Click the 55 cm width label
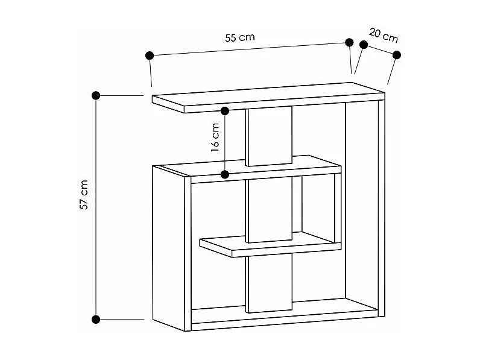[x=240, y=37]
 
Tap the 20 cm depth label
[x=383, y=36]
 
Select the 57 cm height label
[x=84, y=194]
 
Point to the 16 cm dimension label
[x=215, y=138]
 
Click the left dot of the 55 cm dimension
[x=150, y=55]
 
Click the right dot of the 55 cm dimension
[x=349, y=42]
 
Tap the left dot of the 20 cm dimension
[x=364, y=45]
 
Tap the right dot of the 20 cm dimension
[x=396, y=55]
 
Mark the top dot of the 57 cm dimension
[x=96, y=95]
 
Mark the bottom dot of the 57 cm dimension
[x=96, y=318]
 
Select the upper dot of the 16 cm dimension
[x=225, y=111]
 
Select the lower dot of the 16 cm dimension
[x=225, y=175]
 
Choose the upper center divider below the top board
[x=269, y=136]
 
